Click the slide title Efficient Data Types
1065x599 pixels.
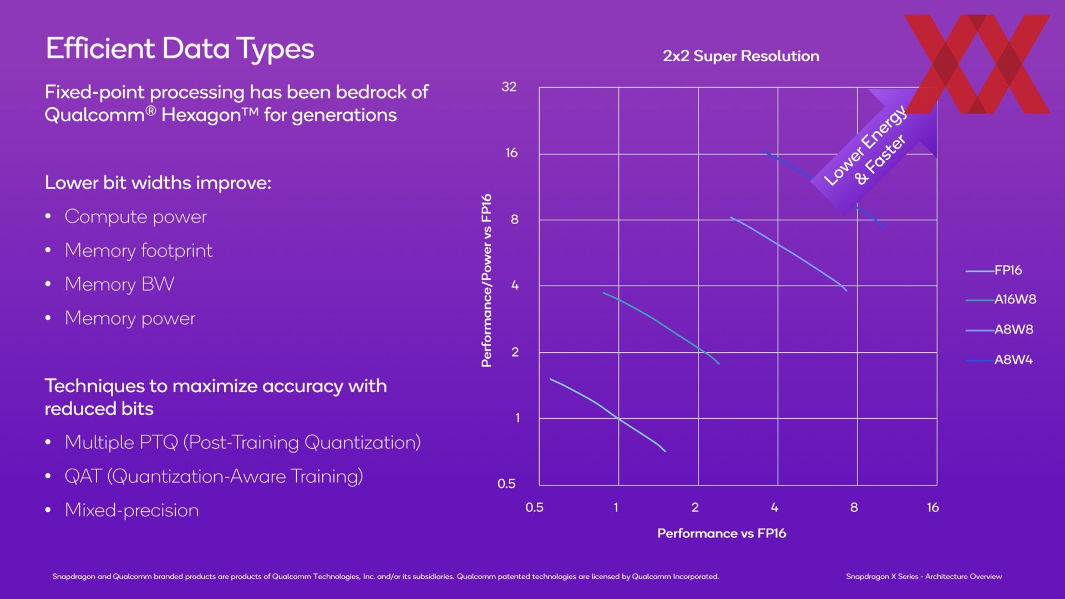(180, 49)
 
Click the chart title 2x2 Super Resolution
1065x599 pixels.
(741, 56)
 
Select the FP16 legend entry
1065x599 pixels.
(994, 270)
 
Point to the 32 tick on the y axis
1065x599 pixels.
(509, 87)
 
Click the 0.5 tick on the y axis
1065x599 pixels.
(506, 484)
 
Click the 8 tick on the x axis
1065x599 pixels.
(854, 507)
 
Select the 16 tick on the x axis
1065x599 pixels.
(933, 507)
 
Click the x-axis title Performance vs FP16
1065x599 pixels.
(722, 534)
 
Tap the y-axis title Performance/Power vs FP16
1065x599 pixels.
(486, 280)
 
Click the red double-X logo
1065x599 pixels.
(977, 64)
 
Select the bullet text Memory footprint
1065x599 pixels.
(139, 251)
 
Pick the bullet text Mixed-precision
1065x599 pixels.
(132, 510)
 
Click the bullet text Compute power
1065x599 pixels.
(136, 217)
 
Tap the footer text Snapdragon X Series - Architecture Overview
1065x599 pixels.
(924, 577)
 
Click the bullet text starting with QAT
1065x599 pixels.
(214, 476)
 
